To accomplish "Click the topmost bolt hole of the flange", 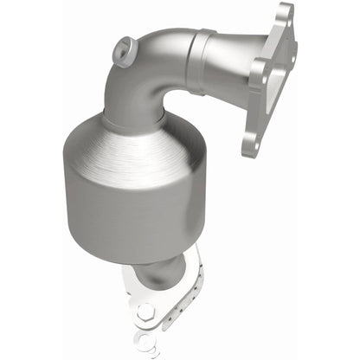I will click(285, 14).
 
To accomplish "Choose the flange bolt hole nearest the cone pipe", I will click(255, 77).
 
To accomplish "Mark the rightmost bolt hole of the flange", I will click(292, 56).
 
